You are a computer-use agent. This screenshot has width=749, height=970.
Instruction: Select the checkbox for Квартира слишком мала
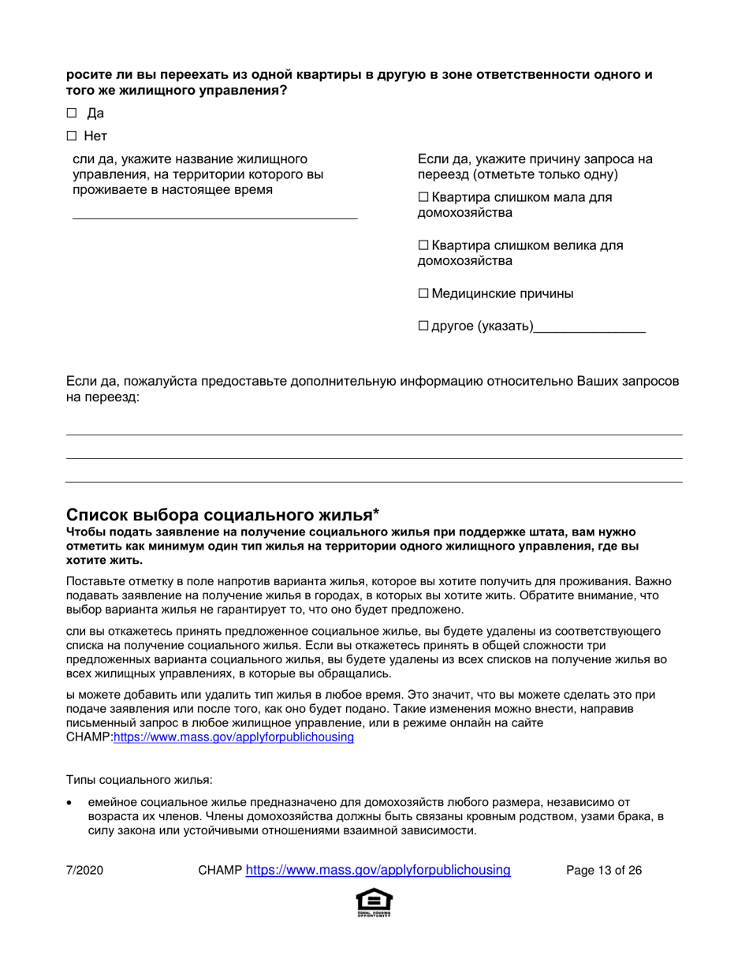click(423, 198)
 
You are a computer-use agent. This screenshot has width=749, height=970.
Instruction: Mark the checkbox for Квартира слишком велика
click(423, 246)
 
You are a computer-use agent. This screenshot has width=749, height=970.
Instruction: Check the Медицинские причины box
click(423, 294)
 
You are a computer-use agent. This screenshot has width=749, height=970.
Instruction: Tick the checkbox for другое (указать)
click(423, 326)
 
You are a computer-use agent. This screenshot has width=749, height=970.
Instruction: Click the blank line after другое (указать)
click(589, 328)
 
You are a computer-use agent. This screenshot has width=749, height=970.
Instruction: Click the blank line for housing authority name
click(214, 215)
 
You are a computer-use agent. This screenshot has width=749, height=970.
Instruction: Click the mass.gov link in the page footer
click(378, 870)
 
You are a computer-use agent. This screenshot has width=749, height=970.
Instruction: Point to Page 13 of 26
click(604, 871)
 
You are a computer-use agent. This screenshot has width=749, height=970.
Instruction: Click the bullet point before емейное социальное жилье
click(71, 802)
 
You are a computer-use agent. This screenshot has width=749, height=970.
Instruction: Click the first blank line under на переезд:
click(374, 435)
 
